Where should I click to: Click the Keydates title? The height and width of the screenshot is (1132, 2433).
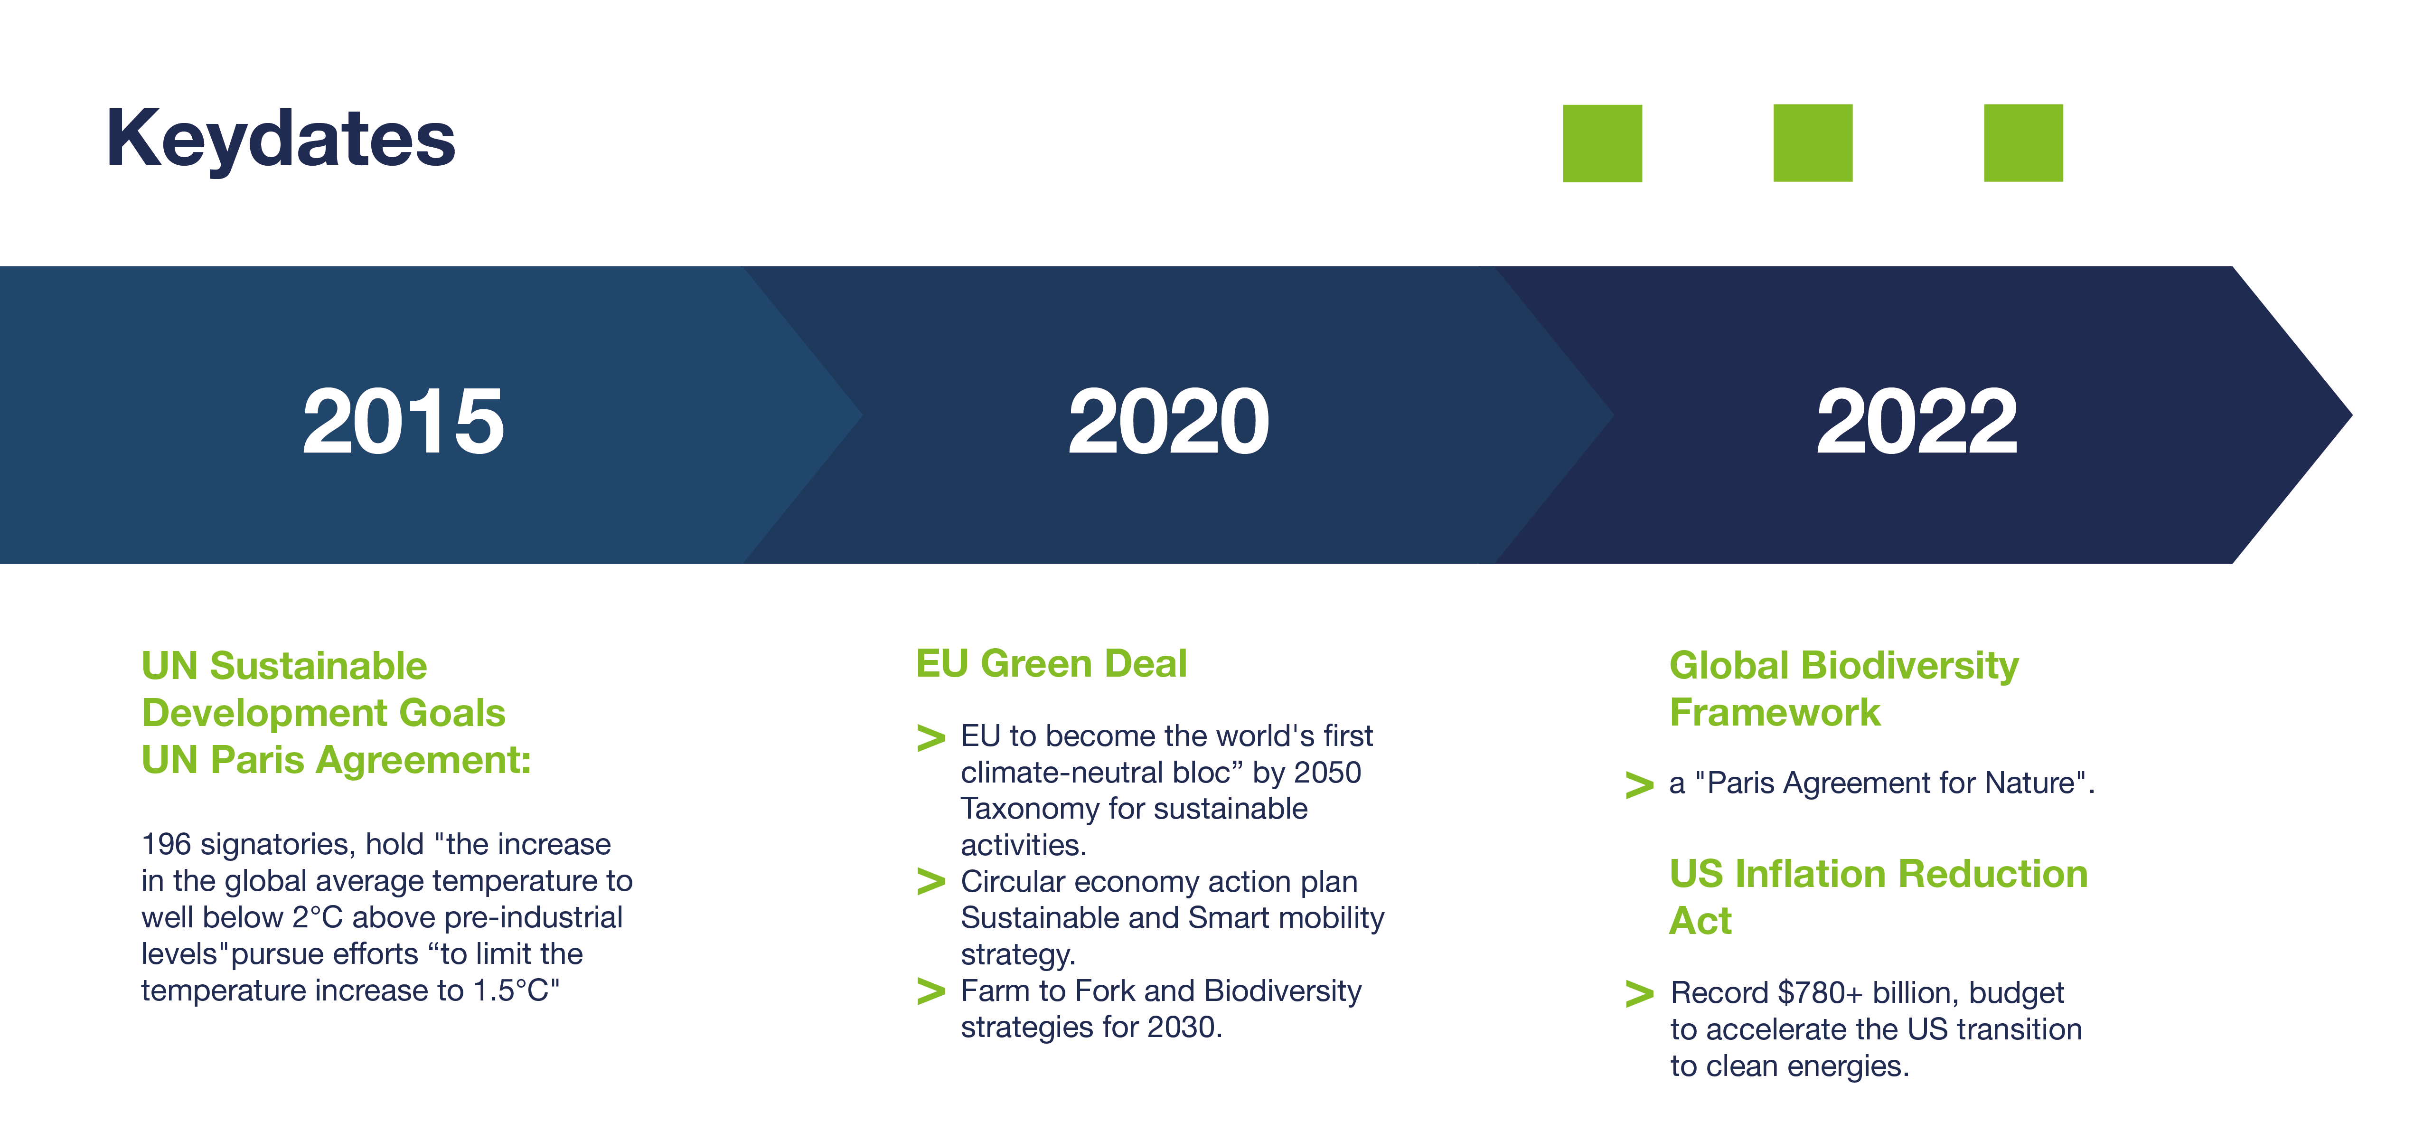tap(281, 139)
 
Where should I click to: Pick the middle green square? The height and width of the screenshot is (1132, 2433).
tap(1813, 142)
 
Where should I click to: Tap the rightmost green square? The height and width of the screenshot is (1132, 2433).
tap(2023, 142)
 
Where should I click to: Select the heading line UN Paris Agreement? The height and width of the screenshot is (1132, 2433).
tap(336, 760)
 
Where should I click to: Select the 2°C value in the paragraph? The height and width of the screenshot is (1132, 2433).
tap(317, 917)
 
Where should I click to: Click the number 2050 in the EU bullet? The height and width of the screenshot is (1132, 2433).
tap(1327, 773)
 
